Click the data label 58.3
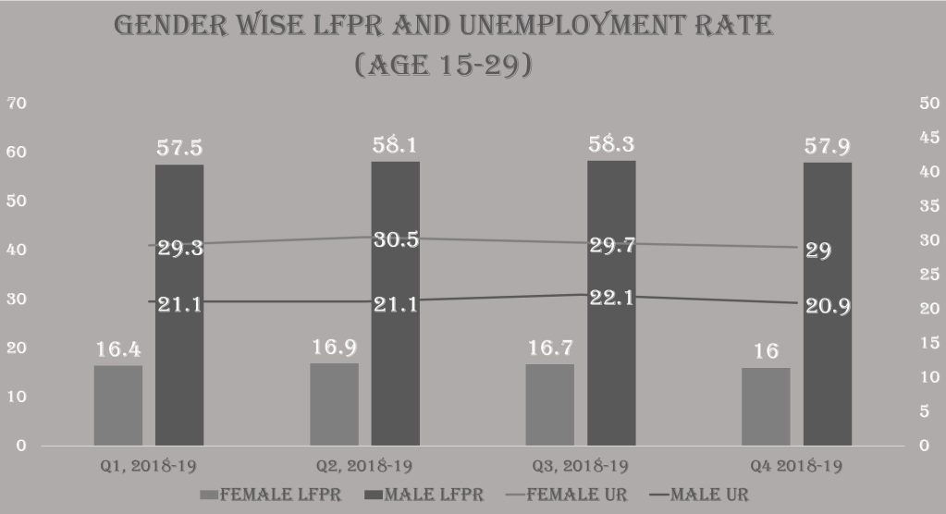click(x=611, y=144)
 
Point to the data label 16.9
click(x=334, y=348)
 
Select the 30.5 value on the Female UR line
click(x=396, y=239)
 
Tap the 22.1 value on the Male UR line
click(x=611, y=299)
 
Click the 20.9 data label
click(x=828, y=307)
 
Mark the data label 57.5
click(x=179, y=148)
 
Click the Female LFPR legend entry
click(x=271, y=495)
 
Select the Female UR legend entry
click(x=568, y=495)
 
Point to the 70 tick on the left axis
click(x=16, y=104)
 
